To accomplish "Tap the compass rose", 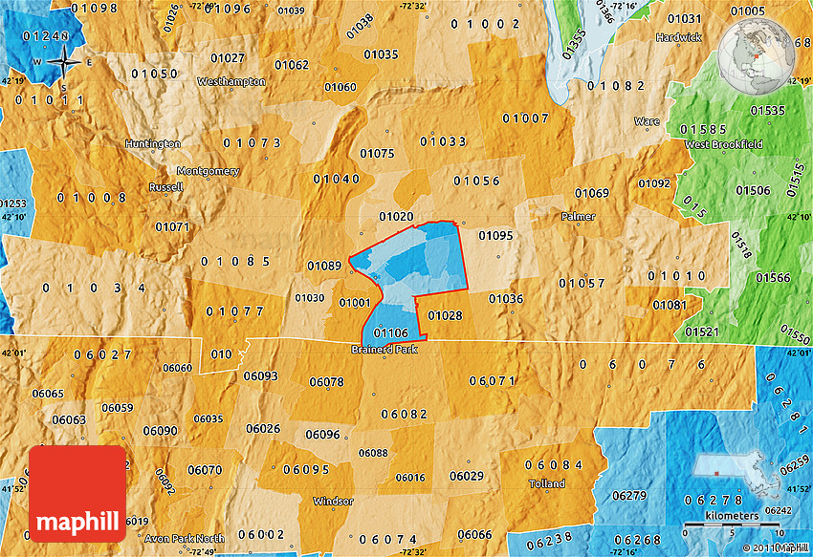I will tap(64, 64).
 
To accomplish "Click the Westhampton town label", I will tap(231, 82).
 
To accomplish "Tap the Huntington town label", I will tap(152, 143).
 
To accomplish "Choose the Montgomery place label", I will tap(208, 171).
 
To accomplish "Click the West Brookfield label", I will tap(723, 144).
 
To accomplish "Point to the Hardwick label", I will tap(678, 37).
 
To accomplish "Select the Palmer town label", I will tap(578, 217).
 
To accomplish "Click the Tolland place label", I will tap(546, 483).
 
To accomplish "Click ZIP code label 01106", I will tap(391, 332).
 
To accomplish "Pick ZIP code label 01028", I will tap(446, 315).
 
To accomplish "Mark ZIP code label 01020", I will tap(396, 217).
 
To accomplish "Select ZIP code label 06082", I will tap(404, 414).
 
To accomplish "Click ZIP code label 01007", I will tap(525, 118).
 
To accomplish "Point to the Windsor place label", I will tap(333, 501).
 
